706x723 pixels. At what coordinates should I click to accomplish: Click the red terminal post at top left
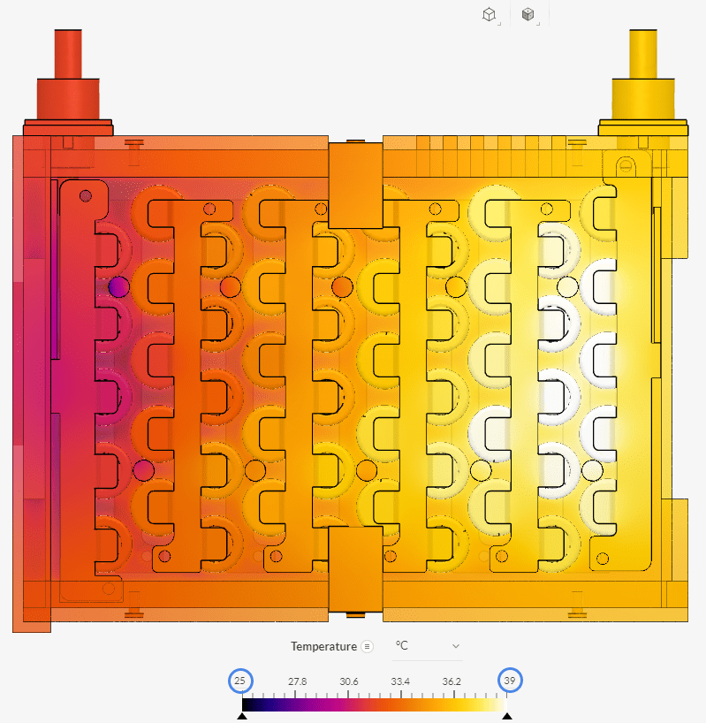point(68,83)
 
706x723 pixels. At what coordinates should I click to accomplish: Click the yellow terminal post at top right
point(643,83)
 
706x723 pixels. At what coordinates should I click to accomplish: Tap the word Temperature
point(323,646)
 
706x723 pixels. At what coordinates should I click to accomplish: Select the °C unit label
point(401,645)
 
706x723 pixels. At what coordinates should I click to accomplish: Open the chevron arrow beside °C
point(456,646)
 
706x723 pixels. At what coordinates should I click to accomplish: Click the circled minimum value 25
point(240,681)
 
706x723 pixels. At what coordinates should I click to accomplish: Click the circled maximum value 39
point(510,680)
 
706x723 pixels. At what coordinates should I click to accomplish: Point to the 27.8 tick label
point(297,681)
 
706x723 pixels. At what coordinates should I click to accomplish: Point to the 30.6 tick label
point(349,681)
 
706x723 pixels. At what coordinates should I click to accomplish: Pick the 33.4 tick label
point(400,681)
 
